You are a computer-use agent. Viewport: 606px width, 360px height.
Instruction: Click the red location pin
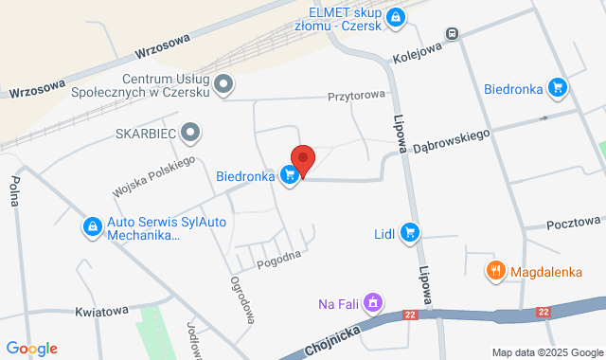click(x=303, y=158)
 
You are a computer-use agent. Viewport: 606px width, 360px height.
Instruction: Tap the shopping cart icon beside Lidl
click(x=409, y=231)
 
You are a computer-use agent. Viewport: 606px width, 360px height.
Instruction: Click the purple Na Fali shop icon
click(x=373, y=303)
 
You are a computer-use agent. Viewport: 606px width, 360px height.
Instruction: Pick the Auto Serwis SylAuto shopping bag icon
click(x=93, y=226)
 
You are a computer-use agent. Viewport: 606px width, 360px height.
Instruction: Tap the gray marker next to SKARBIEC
click(x=191, y=133)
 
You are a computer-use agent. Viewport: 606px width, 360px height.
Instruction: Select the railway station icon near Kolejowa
click(x=453, y=33)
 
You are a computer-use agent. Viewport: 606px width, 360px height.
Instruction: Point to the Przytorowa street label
click(x=357, y=96)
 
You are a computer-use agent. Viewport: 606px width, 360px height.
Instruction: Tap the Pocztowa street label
click(x=575, y=223)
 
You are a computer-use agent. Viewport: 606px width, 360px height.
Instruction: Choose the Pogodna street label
click(x=279, y=256)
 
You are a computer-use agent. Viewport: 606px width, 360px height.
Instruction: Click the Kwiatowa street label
click(x=101, y=311)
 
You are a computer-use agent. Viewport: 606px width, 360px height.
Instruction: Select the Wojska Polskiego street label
click(x=153, y=177)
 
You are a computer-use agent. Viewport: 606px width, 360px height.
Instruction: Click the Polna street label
click(x=14, y=193)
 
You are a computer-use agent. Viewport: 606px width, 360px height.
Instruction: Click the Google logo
click(x=31, y=349)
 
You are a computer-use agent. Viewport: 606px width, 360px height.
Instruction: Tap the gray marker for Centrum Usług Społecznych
click(x=224, y=85)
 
